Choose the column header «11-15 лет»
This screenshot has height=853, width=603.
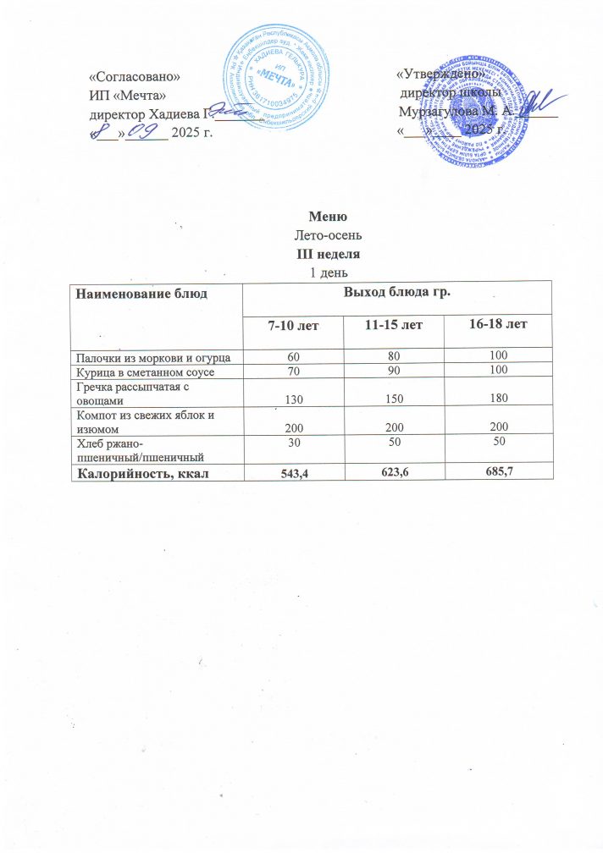(396, 325)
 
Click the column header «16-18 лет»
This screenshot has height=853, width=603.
(500, 324)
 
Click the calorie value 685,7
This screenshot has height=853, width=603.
(500, 471)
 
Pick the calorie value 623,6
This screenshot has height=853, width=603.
(396, 471)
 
